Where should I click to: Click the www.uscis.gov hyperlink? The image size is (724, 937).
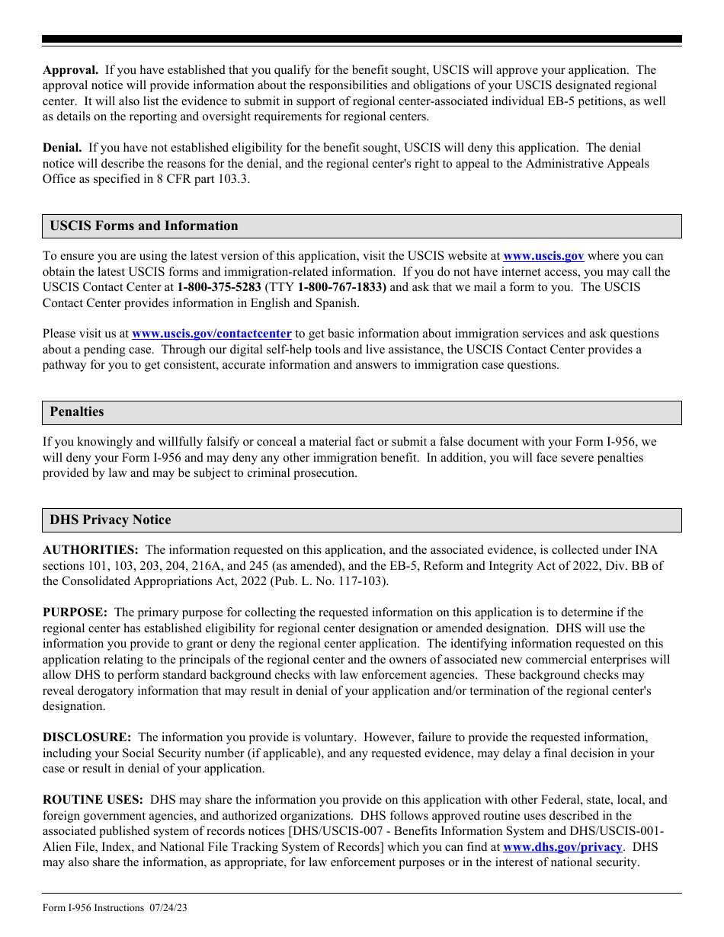point(543,256)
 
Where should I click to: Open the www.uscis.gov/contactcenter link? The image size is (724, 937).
point(212,334)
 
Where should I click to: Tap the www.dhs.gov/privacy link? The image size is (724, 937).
point(563,846)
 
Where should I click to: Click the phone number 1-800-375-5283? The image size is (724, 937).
point(219,287)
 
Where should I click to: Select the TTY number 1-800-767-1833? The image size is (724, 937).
point(341,287)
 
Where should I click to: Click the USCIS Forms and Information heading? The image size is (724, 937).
point(144,225)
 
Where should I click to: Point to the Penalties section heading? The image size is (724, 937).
point(77,411)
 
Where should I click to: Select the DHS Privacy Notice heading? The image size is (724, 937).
point(111,520)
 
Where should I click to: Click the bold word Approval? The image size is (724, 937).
point(70,70)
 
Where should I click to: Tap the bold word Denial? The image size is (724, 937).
point(62,148)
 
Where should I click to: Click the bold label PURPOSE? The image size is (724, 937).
point(75,612)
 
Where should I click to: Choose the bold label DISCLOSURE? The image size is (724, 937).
point(87,737)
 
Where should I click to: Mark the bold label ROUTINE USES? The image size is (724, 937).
point(93,800)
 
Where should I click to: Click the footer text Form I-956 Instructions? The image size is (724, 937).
point(93,907)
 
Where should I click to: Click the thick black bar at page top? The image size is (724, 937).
point(362,39)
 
